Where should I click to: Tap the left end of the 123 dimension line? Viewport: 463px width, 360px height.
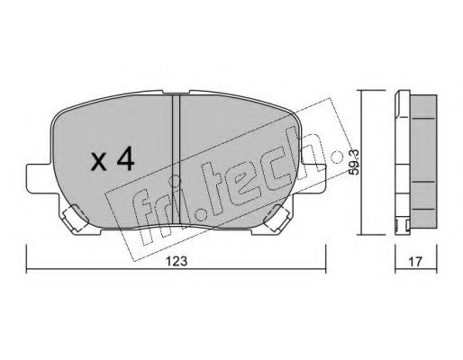[x=26, y=271]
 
